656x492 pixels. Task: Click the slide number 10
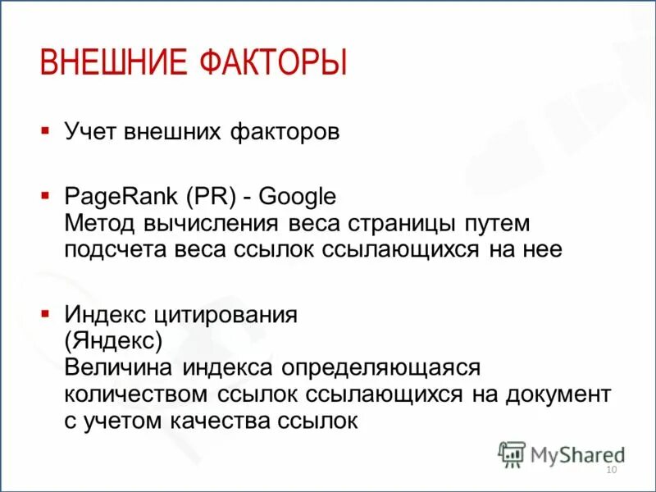point(610,469)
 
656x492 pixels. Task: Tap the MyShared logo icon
point(512,453)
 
